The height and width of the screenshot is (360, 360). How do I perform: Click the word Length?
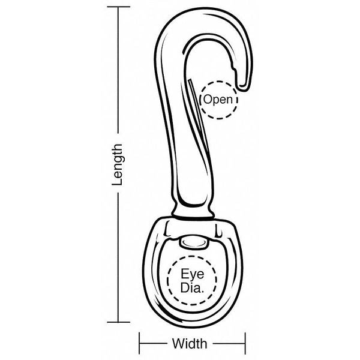click(x=118, y=164)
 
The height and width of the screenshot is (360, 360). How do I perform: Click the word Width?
click(x=190, y=344)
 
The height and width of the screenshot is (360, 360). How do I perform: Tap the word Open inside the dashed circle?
click(x=218, y=100)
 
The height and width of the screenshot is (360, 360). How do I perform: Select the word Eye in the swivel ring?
click(x=192, y=274)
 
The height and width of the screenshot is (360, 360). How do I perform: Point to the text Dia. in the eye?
click(x=192, y=287)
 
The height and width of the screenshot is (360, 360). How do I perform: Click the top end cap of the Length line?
click(x=118, y=7)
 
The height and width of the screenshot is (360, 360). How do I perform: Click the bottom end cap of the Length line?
click(x=118, y=322)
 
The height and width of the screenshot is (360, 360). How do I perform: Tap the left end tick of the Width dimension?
click(x=139, y=343)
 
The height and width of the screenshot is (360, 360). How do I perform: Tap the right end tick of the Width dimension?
click(x=245, y=343)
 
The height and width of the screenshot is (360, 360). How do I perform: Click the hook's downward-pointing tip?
click(x=244, y=88)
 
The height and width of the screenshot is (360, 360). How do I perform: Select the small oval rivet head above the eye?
click(x=194, y=242)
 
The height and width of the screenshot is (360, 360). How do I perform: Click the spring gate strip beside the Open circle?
click(x=198, y=115)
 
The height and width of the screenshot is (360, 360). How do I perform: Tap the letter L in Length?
click(x=118, y=182)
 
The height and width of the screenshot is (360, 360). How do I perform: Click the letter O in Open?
click(x=207, y=99)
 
